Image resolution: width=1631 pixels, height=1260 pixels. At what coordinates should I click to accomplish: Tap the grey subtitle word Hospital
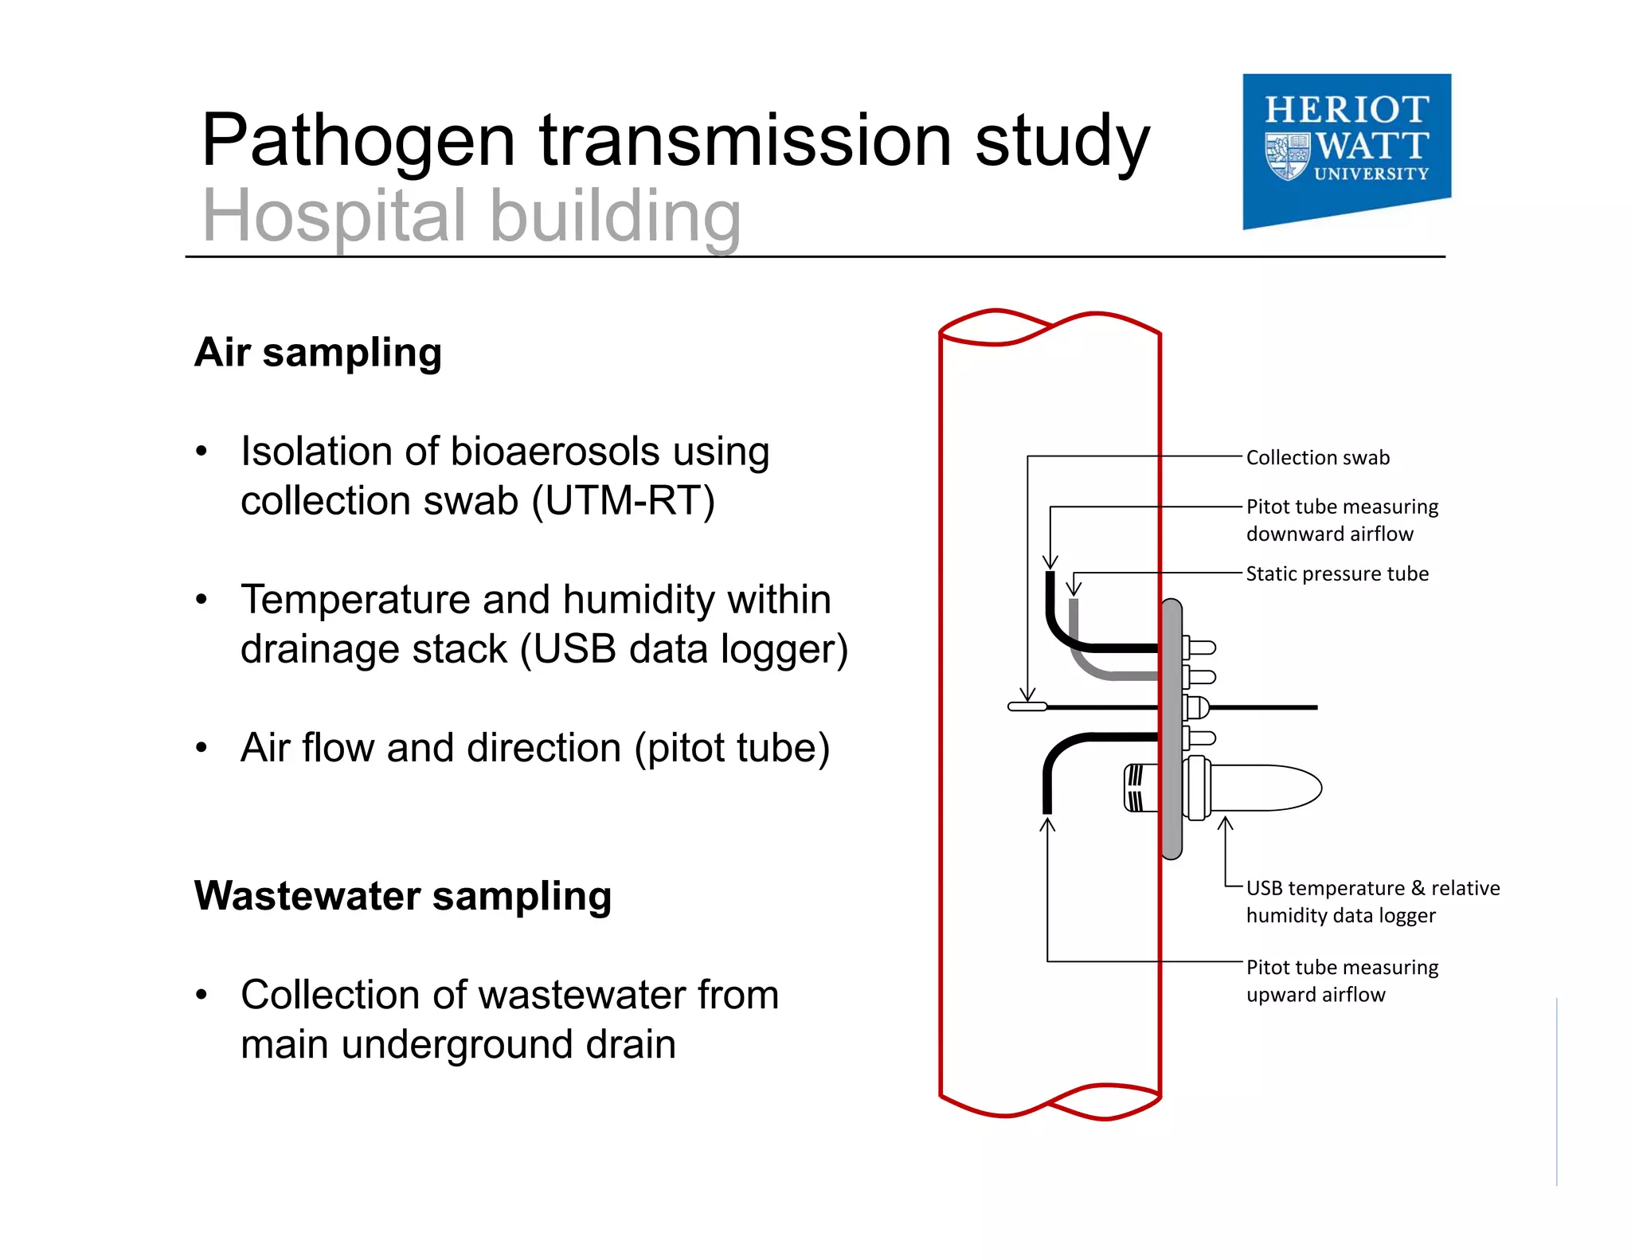[334, 216]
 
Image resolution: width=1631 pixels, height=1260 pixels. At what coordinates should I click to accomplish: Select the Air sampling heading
[318, 352]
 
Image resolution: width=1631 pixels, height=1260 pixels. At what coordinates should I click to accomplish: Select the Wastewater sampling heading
[403, 895]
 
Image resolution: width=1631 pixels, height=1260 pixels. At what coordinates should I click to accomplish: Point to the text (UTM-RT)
[624, 501]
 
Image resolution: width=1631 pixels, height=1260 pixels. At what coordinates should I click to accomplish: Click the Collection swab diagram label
[1317, 457]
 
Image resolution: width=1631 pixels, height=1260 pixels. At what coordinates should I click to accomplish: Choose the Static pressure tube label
[1336, 573]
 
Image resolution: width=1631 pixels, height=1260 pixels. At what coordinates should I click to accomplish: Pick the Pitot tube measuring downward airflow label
[1342, 519]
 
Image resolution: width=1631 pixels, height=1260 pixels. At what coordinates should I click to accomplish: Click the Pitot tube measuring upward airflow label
[1342, 980]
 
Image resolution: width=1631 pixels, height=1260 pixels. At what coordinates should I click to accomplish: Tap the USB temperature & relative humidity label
[1372, 901]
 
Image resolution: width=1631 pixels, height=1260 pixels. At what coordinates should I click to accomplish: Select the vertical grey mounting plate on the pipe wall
[1171, 729]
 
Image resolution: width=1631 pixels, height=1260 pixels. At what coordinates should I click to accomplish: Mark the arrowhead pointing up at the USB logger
[1226, 824]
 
